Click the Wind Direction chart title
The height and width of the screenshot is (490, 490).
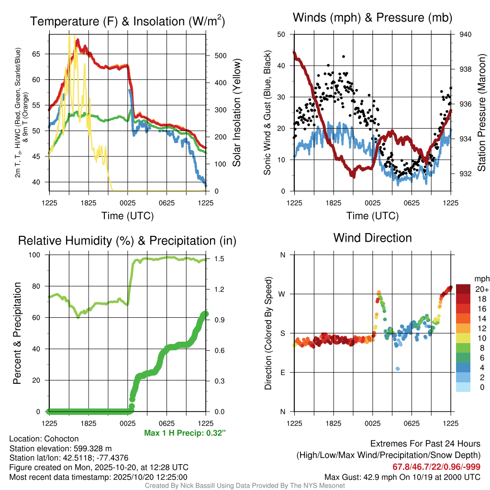point(372,238)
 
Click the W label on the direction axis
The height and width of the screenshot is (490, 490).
point(282,294)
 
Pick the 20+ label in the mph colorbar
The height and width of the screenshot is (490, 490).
point(481,289)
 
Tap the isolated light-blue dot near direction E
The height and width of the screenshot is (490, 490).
point(398,368)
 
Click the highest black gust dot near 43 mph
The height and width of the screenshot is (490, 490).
point(344,56)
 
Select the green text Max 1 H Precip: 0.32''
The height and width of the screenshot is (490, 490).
point(185,433)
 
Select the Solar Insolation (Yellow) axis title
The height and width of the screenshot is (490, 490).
point(236,112)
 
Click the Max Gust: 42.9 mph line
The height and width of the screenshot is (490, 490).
point(402,477)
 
